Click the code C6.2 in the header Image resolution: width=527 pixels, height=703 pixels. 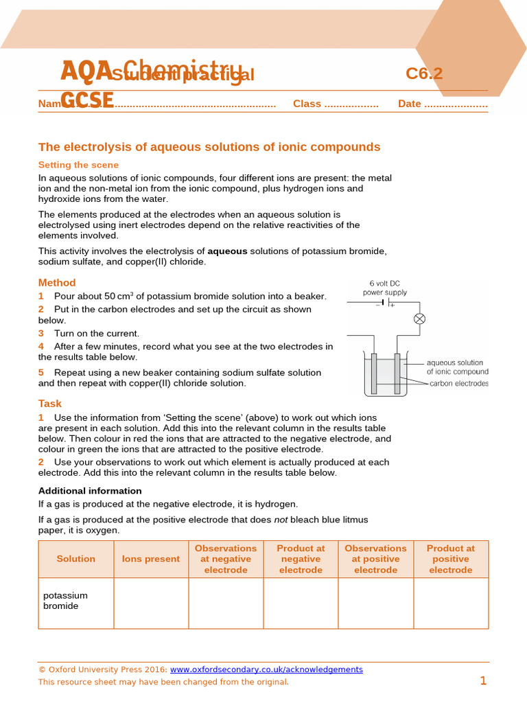(424, 73)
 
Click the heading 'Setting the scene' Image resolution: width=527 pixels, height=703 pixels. (78, 165)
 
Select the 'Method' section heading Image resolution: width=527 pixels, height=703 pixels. (57, 282)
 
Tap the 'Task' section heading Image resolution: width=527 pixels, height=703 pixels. (50, 404)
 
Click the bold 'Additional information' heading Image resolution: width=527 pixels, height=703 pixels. (90, 491)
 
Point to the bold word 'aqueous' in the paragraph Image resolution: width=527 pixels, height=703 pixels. (227, 251)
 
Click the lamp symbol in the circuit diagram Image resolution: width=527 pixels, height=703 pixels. (419, 319)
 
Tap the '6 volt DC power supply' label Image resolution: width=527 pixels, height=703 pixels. (388, 288)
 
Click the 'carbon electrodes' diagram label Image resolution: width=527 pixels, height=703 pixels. (459, 384)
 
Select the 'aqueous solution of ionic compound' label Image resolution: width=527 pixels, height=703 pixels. (457, 367)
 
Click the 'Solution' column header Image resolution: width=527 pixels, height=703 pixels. (76, 559)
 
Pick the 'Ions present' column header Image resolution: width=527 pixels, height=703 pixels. (151, 559)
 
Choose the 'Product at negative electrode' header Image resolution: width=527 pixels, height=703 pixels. (301, 559)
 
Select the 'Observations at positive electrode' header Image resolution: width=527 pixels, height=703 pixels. (375, 559)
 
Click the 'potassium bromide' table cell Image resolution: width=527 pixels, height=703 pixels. (66, 601)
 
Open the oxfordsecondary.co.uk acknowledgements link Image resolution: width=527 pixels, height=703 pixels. (266, 669)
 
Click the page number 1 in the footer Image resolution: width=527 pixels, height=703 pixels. (483, 681)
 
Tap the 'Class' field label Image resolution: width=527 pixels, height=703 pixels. (307, 104)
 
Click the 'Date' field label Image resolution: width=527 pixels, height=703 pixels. (410, 104)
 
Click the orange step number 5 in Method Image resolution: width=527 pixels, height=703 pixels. (41, 373)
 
